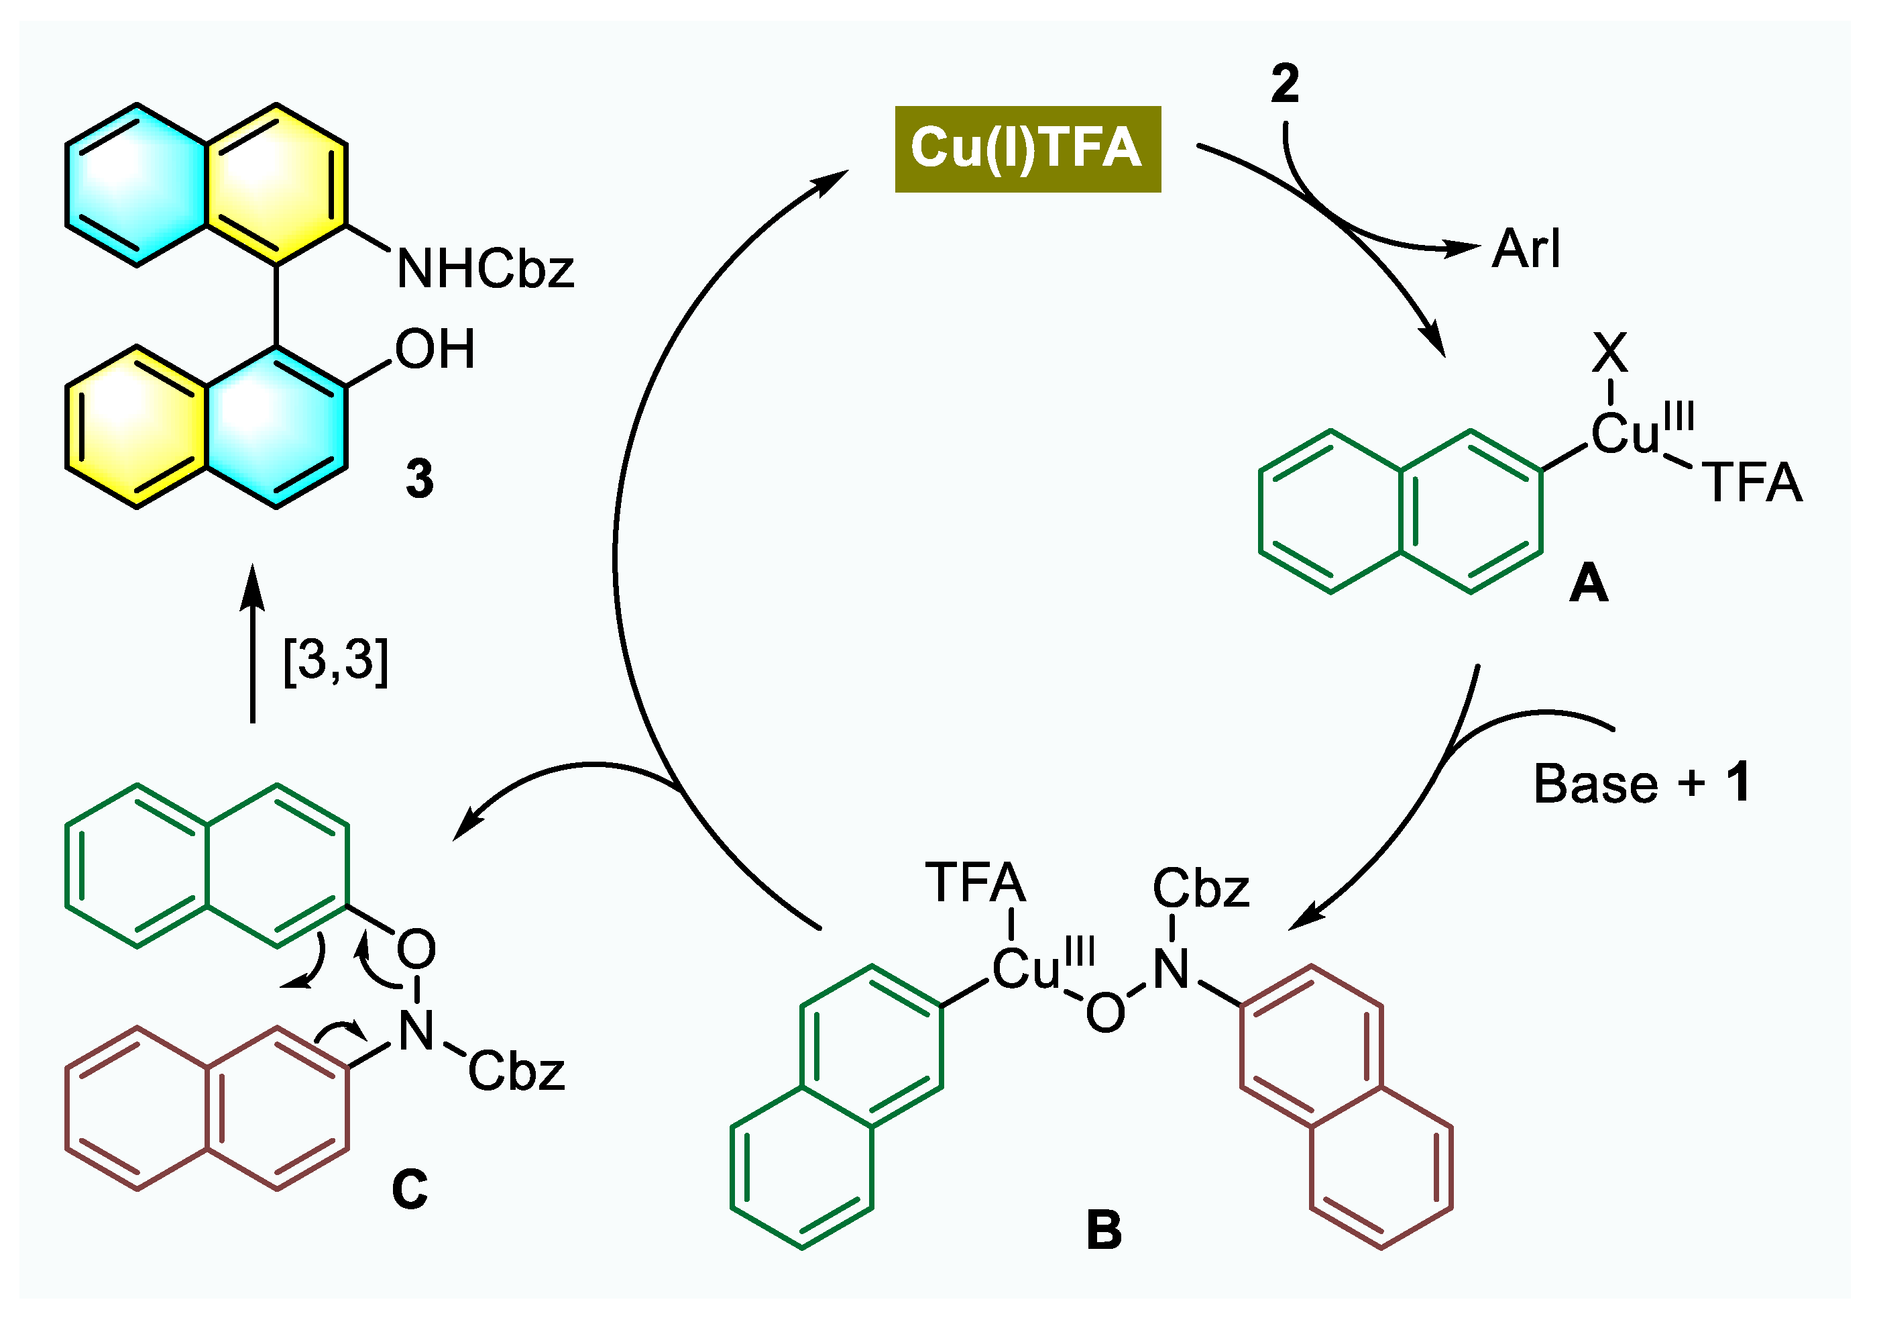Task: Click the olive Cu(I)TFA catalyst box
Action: (1027, 149)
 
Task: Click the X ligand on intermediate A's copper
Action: (1609, 353)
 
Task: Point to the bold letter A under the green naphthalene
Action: (1589, 584)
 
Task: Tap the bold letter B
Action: (1104, 1230)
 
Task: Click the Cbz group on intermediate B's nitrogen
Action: (1200, 889)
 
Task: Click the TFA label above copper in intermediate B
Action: (975, 883)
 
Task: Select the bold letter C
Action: (410, 1189)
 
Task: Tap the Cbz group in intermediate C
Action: (516, 1072)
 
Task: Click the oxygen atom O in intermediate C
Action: (416, 950)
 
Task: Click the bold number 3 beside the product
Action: (419, 479)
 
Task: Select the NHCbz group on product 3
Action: (486, 268)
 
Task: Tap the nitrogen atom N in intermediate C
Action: (416, 1031)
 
